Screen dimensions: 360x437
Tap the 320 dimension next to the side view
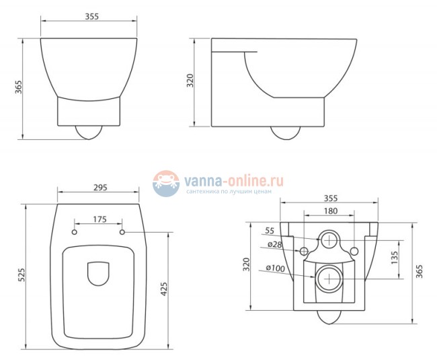190,81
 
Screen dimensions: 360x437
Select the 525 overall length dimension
21,275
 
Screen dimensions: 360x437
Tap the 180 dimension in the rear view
329,211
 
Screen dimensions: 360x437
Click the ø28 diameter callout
275,244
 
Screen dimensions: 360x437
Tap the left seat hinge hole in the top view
74,233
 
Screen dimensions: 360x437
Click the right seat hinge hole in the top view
122,233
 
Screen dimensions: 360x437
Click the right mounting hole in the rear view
354,251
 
